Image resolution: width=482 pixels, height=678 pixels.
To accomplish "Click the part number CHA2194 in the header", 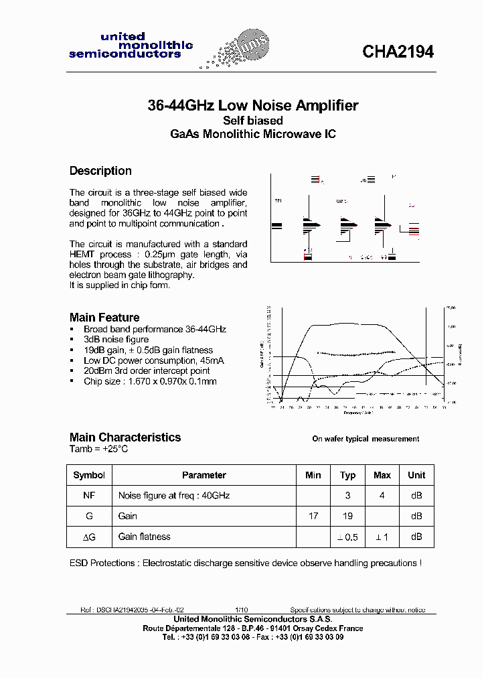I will [398, 52].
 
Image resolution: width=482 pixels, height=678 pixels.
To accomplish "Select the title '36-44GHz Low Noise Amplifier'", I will [252, 105].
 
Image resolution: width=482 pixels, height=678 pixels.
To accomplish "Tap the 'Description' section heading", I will [100, 171].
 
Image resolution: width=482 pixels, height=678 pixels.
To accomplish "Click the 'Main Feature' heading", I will [104, 318].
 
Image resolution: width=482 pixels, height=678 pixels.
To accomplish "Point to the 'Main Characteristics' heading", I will [125, 437].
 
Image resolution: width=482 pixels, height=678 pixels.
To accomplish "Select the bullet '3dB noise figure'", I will [116, 340].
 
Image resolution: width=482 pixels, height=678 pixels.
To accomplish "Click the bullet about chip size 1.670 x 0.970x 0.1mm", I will [150, 381].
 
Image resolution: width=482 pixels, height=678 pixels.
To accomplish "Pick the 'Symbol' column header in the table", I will [89, 475].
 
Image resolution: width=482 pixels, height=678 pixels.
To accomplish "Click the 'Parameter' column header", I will [204, 475].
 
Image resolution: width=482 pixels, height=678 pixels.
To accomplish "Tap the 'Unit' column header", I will [416, 475].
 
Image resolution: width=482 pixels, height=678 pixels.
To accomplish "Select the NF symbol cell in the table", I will [89, 496].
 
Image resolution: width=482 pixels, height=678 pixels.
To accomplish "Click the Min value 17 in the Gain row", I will [313, 516].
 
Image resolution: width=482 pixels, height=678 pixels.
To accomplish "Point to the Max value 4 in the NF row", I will [382, 496].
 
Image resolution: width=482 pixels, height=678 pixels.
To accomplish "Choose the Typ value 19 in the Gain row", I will [347, 516].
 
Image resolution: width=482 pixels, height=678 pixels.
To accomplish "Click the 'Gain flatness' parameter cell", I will [144, 537].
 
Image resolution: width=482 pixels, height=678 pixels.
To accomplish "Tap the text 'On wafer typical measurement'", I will [366, 439].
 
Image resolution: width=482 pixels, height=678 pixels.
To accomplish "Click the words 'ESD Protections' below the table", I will [104, 563].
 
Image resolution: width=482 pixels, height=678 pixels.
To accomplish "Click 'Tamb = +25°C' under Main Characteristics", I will [98, 449].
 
